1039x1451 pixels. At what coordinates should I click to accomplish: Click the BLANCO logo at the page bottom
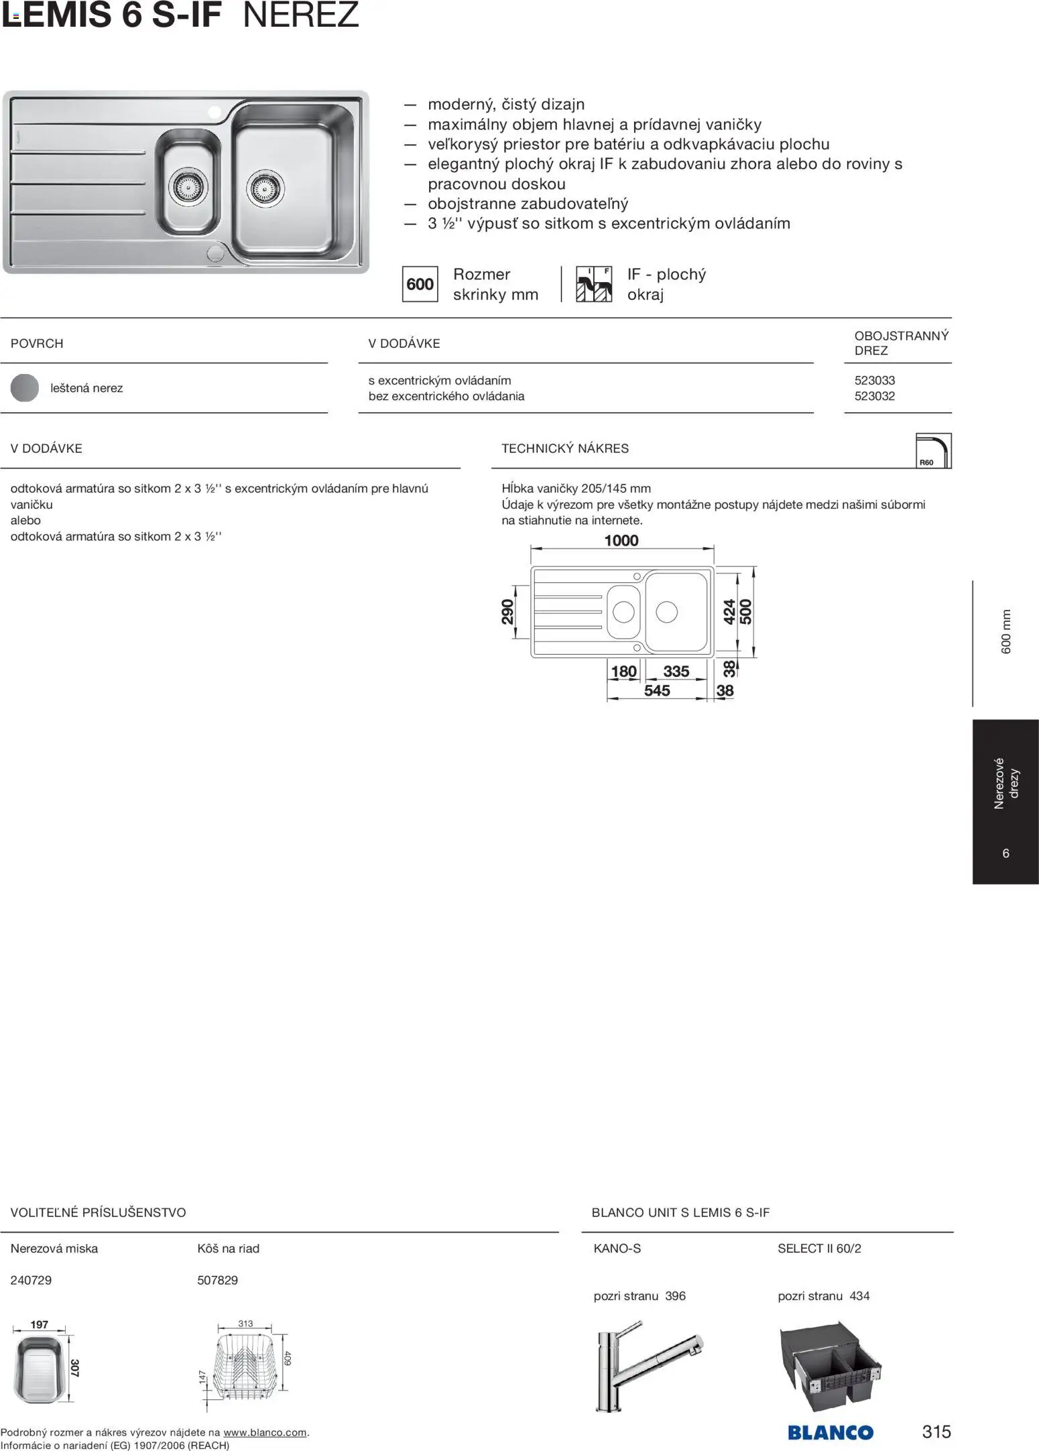point(831,1432)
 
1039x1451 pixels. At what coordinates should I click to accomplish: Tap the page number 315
point(936,1432)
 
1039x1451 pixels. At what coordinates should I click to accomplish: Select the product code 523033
point(874,380)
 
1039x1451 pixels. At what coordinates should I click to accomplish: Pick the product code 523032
point(874,396)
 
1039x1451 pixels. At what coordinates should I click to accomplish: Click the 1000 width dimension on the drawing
point(621,540)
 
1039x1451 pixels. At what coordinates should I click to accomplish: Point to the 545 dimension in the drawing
point(657,690)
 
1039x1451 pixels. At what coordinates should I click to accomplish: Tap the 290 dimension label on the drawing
point(507,611)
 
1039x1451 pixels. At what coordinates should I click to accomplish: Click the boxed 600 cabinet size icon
point(420,284)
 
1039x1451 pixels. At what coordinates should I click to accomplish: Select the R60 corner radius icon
point(933,450)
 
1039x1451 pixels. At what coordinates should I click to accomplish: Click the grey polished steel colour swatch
point(25,388)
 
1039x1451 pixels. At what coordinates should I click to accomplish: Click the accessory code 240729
point(31,1280)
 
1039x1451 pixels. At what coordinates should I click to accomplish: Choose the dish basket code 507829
point(218,1280)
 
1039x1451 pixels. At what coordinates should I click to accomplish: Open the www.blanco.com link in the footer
point(265,1433)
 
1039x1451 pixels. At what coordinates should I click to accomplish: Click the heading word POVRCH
point(37,343)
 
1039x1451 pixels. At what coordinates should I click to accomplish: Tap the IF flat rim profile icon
point(594,284)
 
